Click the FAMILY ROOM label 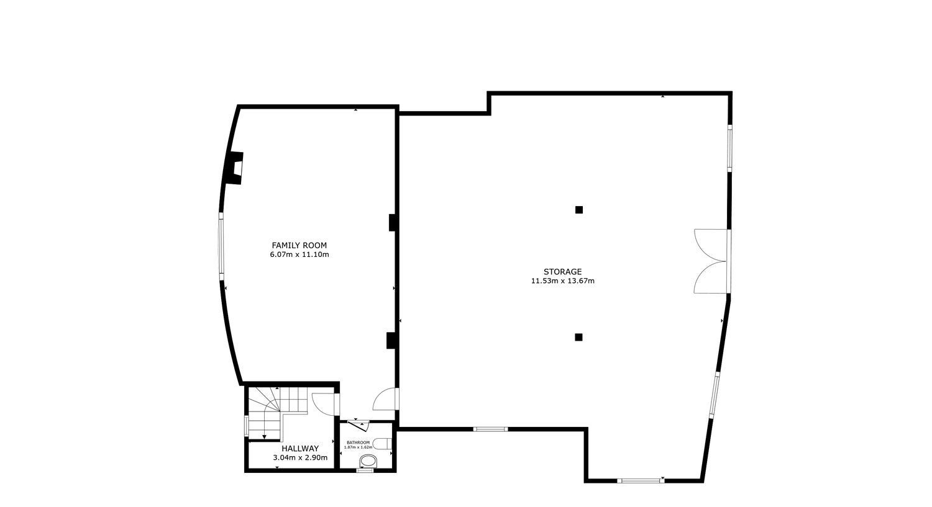pos(299,246)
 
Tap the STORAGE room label pos(562,272)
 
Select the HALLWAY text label pos(300,449)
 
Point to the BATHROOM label pos(358,442)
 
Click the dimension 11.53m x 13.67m pos(562,281)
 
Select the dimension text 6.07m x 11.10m pos(299,255)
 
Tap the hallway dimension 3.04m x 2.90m pos(300,458)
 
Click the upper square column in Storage pos(578,210)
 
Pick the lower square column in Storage pos(578,337)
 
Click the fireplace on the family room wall pos(234,168)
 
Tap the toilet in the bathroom pos(381,444)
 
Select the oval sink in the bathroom pos(368,461)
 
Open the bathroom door pos(359,425)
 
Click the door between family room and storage pos(386,399)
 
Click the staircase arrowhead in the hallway pos(264,437)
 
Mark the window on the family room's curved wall pos(221,246)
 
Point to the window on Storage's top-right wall pos(729,147)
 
